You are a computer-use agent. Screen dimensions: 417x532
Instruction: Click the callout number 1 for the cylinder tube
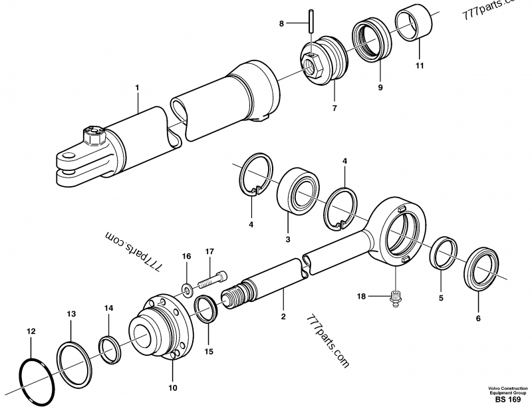(137, 86)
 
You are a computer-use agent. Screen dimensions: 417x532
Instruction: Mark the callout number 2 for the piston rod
(283, 317)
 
